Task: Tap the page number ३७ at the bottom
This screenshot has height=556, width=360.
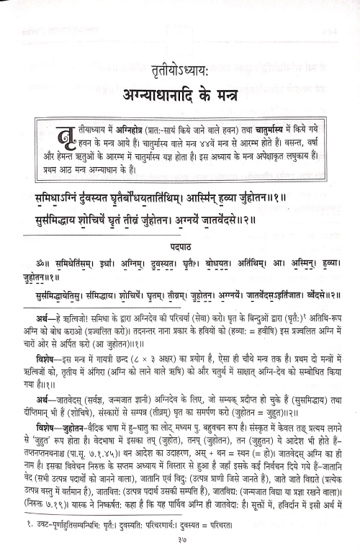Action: tap(179, 542)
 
